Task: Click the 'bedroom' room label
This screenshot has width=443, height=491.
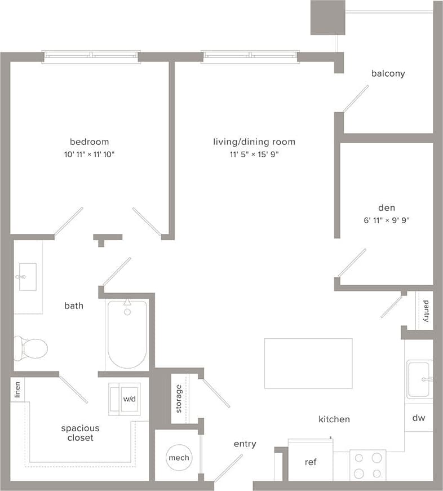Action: (89, 141)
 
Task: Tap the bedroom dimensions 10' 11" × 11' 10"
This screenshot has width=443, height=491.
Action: (89, 154)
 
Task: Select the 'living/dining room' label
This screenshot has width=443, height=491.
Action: (254, 141)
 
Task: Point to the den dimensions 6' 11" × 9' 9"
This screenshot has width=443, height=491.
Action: (387, 220)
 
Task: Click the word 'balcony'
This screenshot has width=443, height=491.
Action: (388, 73)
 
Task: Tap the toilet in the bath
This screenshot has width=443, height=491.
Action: (31, 348)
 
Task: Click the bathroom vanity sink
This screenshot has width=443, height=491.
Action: (27, 277)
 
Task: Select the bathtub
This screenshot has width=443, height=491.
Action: (127, 334)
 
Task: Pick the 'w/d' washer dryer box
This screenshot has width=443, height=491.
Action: (129, 399)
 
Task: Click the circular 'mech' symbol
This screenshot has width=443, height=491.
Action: (179, 458)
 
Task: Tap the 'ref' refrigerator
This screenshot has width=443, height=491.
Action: (311, 462)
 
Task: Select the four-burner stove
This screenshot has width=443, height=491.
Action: (367, 465)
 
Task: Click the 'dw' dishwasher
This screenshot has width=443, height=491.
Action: (418, 418)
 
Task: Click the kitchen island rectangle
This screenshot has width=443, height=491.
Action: (308, 363)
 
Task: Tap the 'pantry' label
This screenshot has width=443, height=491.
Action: (426, 310)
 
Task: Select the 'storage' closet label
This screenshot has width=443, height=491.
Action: (179, 399)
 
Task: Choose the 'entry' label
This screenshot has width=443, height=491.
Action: (245, 444)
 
